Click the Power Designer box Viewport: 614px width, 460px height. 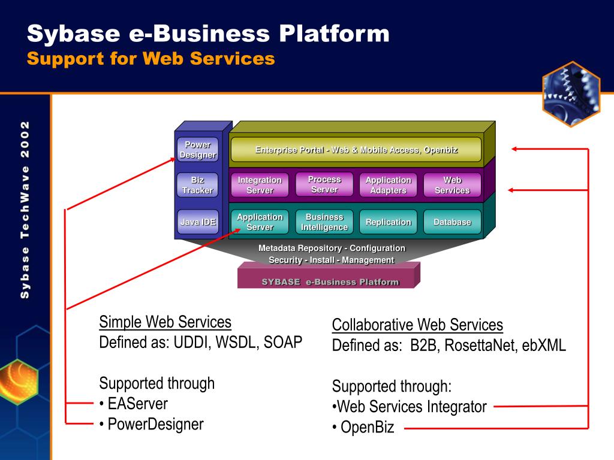tap(197, 149)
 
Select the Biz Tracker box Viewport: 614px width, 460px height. tap(197, 185)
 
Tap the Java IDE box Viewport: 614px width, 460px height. tap(197, 222)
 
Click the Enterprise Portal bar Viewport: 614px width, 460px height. tap(356, 149)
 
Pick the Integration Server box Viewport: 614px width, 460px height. tap(260, 185)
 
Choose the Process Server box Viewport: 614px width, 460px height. tap(324, 184)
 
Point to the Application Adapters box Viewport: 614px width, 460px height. tap(388, 185)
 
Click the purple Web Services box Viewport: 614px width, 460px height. tap(452, 185)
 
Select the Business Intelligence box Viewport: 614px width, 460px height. tap(324, 222)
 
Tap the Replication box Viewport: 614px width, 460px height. tap(388, 222)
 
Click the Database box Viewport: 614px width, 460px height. tap(452, 222)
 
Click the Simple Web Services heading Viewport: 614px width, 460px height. tap(165, 322)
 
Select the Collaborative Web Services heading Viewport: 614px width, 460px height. tap(417, 325)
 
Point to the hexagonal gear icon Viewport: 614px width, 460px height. tap(571, 94)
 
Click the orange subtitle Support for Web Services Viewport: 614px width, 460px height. tap(151, 59)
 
